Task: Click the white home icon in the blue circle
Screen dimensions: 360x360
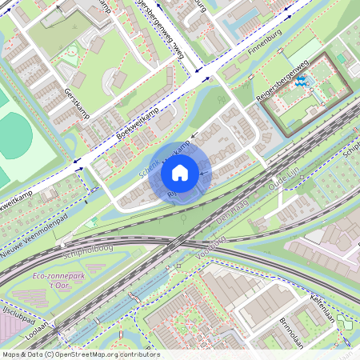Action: click(x=180, y=173)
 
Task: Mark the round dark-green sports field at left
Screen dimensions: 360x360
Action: click(x=14, y=136)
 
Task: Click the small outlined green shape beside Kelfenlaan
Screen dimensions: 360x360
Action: click(x=344, y=322)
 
